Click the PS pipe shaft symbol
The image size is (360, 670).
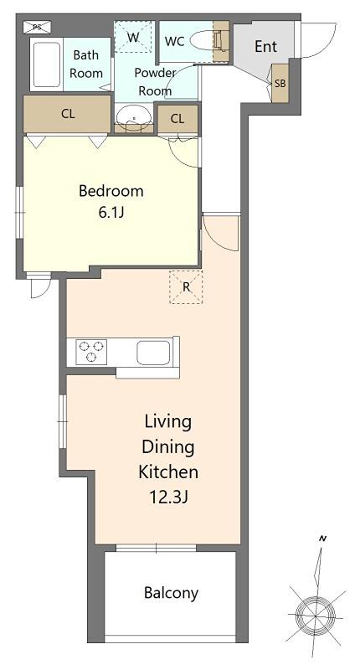[x=37, y=28]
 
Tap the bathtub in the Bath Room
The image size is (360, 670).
[x=47, y=64]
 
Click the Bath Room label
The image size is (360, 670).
[x=86, y=64]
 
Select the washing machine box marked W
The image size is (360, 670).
[x=134, y=37]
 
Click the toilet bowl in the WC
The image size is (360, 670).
[x=205, y=41]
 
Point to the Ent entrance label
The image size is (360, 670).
[x=265, y=47]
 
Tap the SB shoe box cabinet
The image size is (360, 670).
[x=280, y=83]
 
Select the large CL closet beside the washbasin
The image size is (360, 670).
[x=68, y=114]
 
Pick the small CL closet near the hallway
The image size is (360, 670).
[x=177, y=119]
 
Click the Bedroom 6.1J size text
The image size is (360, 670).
[x=111, y=213]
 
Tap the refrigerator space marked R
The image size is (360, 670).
[x=186, y=286]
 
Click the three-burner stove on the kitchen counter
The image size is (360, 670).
[x=91, y=352]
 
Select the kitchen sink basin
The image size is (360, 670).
[x=154, y=353]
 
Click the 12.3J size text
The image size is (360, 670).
[x=168, y=497]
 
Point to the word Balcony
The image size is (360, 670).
[x=171, y=593]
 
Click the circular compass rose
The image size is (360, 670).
[x=315, y=616]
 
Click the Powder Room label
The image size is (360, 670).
[x=155, y=81]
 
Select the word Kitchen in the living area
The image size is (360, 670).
[x=168, y=472]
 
